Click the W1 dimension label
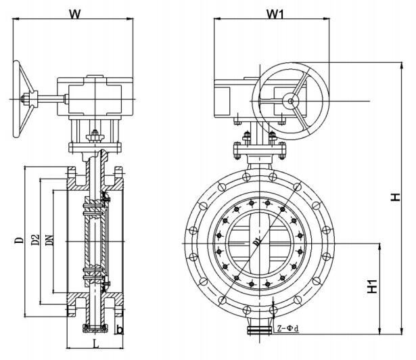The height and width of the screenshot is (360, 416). (275, 13)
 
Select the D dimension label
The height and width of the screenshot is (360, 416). (20, 240)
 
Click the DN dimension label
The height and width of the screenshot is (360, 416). (49, 240)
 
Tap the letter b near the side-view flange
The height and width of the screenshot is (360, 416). (119, 330)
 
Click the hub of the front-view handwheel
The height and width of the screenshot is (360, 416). (292, 101)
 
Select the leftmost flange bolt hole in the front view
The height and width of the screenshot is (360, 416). (189, 243)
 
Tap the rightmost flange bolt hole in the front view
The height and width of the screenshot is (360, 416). (329, 243)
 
